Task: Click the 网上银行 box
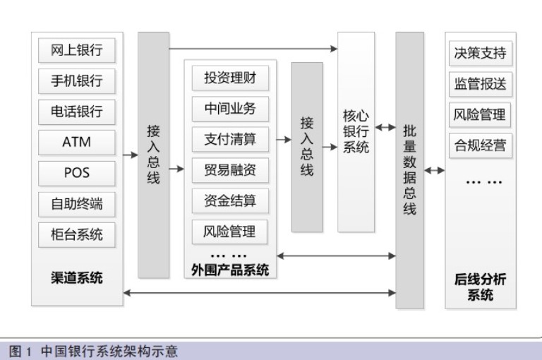point(76,51)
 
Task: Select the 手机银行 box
point(76,81)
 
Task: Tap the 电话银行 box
point(76,112)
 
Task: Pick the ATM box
point(76,142)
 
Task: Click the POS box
point(76,172)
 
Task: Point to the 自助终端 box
point(76,203)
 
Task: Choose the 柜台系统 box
point(76,234)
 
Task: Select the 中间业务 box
point(230,109)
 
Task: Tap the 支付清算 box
point(230,139)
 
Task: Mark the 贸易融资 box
point(230,169)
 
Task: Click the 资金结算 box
point(230,200)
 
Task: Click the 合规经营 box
point(480,146)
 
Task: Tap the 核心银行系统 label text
point(356,131)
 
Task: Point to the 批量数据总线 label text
point(409,169)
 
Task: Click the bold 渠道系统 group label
point(76,277)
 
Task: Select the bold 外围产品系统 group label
point(230,270)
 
